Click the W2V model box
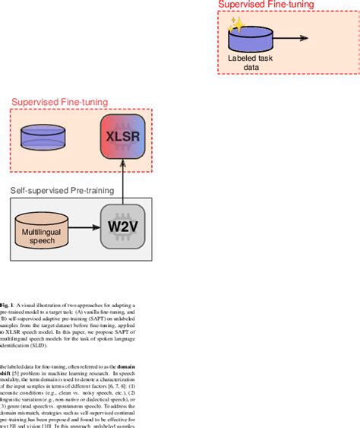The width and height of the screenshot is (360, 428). point(122,226)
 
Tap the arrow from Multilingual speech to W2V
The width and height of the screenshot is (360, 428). point(84,227)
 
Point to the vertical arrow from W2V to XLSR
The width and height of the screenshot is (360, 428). point(122,182)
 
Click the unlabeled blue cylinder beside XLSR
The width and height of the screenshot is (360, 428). point(44,138)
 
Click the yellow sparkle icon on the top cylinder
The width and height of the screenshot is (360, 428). point(236,25)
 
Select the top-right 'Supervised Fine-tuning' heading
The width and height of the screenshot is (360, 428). point(266,5)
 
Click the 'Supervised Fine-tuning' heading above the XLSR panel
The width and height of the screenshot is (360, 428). point(58,102)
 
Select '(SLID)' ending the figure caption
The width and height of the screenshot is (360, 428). point(38,345)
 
